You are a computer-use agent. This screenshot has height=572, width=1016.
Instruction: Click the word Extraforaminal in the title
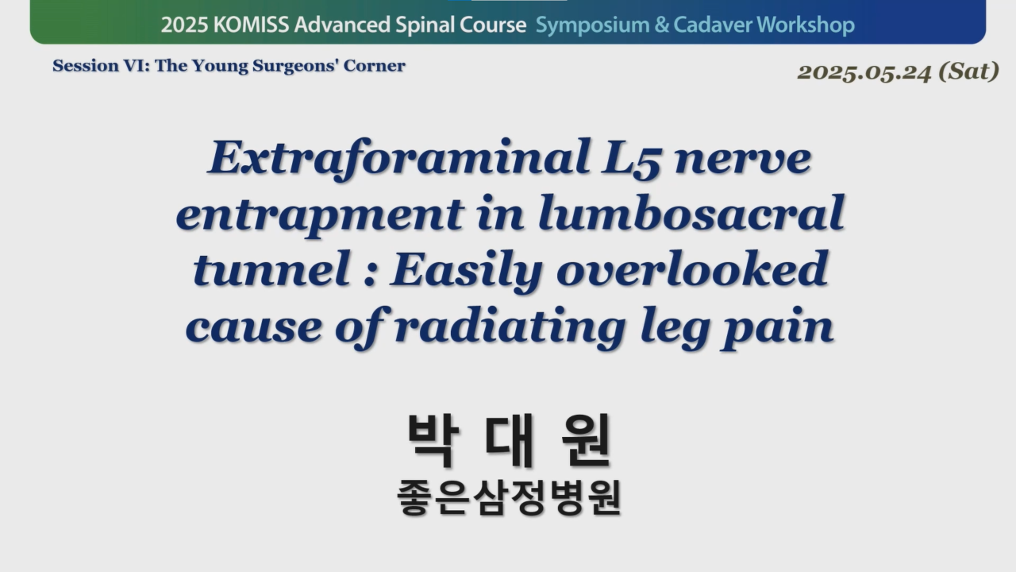(x=399, y=159)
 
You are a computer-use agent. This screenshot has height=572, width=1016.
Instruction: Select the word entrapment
(x=320, y=215)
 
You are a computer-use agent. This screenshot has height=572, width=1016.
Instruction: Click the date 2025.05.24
(x=864, y=72)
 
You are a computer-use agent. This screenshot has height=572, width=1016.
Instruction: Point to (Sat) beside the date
(x=969, y=71)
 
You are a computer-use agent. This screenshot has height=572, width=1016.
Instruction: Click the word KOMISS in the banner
(x=251, y=25)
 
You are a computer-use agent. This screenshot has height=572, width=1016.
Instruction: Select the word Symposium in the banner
(x=592, y=25)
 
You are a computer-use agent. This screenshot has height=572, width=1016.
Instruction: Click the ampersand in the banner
(x=662, y=25)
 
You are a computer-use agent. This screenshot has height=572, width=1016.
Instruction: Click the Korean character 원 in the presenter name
(x=586, y=440)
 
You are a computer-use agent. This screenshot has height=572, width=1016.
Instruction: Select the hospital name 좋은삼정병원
(x=509, y=498)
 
